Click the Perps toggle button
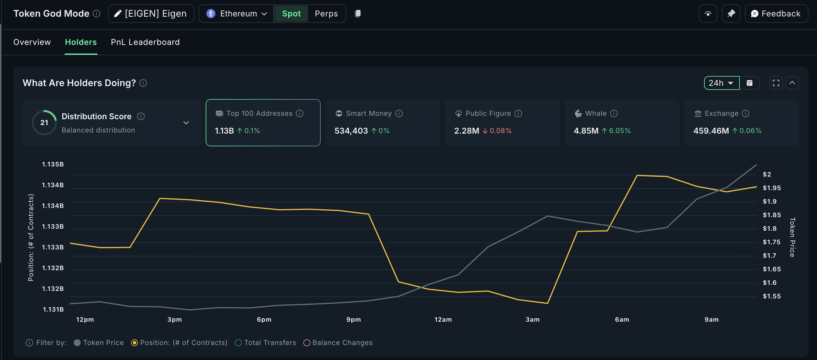tap(326, 14)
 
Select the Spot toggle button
tap(291, 14)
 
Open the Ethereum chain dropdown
tap(237, 14)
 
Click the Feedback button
tap(776, 14)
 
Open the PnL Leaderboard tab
tap(145, 42)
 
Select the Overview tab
tap(32, 42)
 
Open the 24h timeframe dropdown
tap(721, 83)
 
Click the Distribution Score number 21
tap(44, 123)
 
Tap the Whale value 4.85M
tap(586, 131)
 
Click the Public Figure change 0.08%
tap(500, 131)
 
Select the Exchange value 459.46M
tap(711, 131)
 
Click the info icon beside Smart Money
tap(399, 113)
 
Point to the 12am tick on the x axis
tap(443, 320)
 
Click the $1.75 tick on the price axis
tap(771, 242)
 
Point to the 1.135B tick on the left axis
tap(53, 164)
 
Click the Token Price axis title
tap(792, 237)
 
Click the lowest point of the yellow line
tap(547, 303)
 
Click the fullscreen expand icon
tap(776, 83)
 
